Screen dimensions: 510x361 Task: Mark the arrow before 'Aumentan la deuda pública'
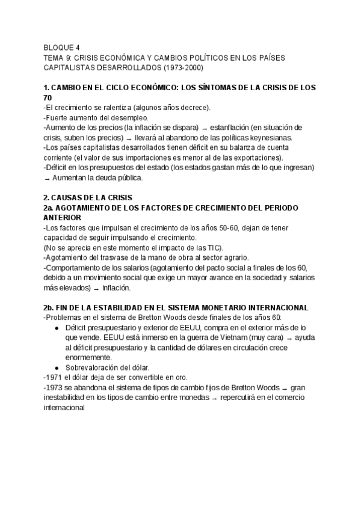47,177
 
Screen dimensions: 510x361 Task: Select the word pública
127,177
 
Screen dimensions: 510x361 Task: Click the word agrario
221,257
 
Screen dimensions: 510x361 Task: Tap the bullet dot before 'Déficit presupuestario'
56,328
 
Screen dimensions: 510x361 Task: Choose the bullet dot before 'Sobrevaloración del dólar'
56,367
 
